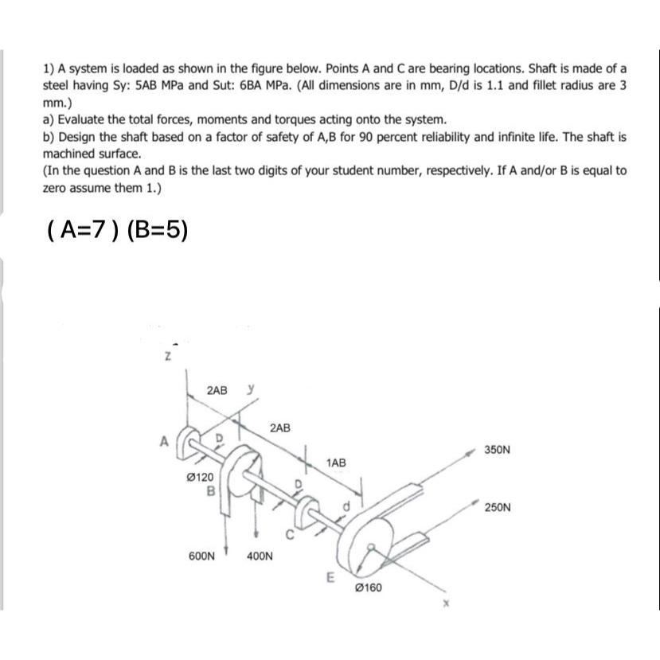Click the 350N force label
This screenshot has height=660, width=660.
click(x=496, y=450)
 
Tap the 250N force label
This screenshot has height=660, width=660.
click(x=496, y=506)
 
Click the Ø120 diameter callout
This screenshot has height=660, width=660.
click(x=199, y=477)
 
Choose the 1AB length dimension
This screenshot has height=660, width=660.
click(x=336, y=462)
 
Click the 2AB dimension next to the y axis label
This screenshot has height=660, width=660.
click(x=216, y=391)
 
